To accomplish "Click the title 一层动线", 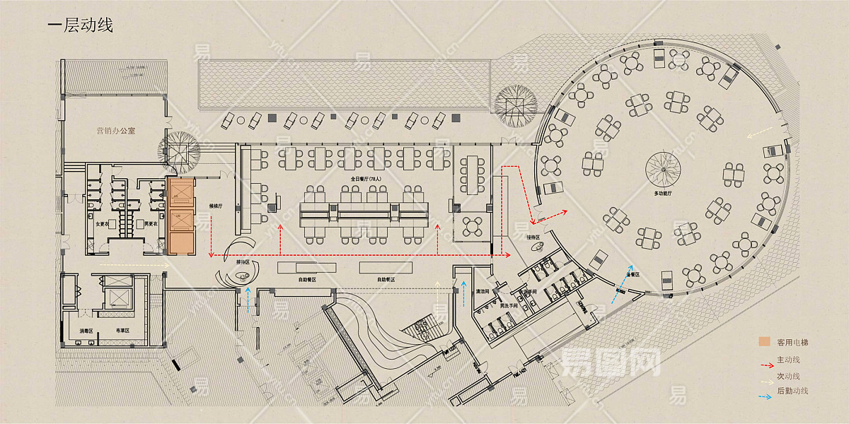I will pyautogui.click(x=80, y=26).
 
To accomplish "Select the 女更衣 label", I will pyautogui.click(x=101, y=225).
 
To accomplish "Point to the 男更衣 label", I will pyautogui.click(x=150, y=225).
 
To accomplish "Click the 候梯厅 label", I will pyautogui.click(x=216, y=207).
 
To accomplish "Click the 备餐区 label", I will pyautogui.click(x=633, y=273).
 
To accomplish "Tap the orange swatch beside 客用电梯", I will pyautogui.click(x=764, y=342).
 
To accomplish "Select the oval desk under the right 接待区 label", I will pyautogui.click(x=538, y=245).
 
